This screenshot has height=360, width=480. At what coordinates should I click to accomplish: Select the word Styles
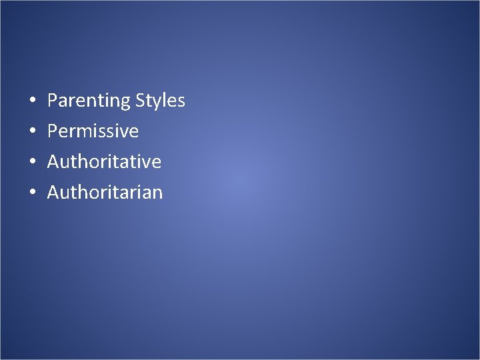pos(160,101)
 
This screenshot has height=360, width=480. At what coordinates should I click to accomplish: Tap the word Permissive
pos(93,131)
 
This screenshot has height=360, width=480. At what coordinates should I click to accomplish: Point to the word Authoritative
pos(104,162)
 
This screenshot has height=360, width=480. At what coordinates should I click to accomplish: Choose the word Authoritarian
pos(105,193)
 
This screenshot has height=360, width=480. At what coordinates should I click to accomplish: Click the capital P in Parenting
pos(52,101)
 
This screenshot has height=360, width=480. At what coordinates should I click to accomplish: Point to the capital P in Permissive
pos(52,131)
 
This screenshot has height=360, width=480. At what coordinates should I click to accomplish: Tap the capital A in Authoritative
pos(53,162)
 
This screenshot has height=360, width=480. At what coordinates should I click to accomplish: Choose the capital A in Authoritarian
pos(53,193)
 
